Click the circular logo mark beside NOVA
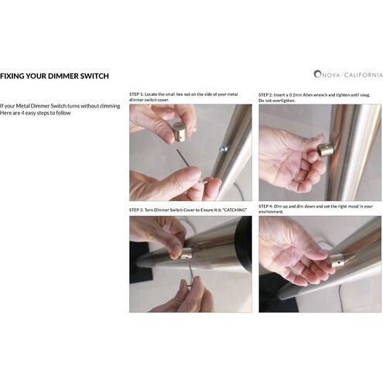pos(317,74)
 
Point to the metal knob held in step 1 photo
pos(179,132)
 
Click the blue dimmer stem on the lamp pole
pos(223,149)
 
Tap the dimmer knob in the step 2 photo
pos(325,150)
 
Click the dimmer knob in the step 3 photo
pos(186,254)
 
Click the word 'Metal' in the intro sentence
pos(22,106)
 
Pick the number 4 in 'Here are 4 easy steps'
pos(22,113)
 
